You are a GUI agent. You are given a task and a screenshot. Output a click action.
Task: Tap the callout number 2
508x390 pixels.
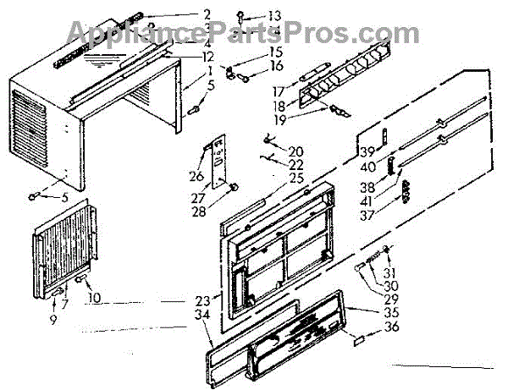tap(207, 14)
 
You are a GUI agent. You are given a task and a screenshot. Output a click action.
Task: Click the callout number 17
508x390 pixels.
tap(278, 91)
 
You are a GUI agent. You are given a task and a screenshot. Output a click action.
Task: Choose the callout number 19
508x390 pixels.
tap(279, 119)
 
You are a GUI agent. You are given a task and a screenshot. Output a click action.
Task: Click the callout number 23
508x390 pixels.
tap(201, 300)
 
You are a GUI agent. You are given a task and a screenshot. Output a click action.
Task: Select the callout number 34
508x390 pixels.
tap(200, 315)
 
